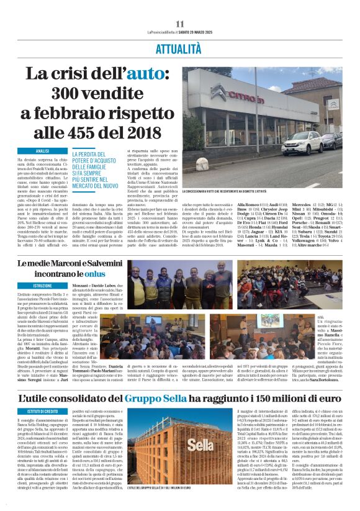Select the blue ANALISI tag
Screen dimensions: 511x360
(x=42, y=151)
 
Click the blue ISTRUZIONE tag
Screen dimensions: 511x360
(x=42, y=286)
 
